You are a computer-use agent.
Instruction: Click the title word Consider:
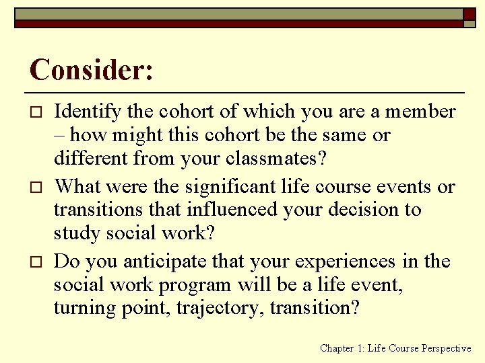[92, 70]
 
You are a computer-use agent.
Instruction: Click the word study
[74, 234]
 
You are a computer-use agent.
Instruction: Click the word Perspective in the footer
[447, 348]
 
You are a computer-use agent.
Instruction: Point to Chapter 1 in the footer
[344, 348]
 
